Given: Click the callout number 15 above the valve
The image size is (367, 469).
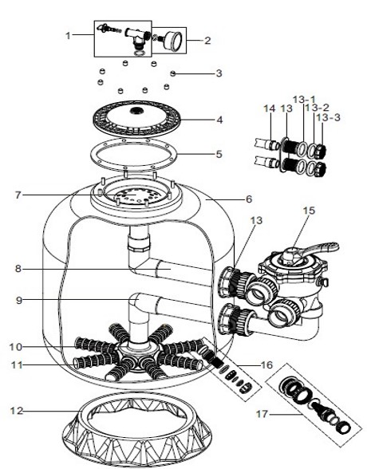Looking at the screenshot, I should coord(310,211).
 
